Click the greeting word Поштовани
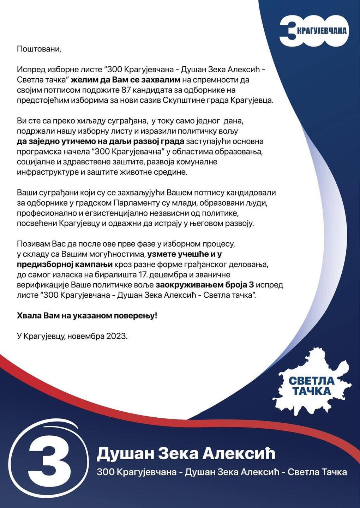tap(39, 49)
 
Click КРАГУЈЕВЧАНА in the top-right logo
tap(321, 31)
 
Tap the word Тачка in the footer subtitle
tap(333, 472)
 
